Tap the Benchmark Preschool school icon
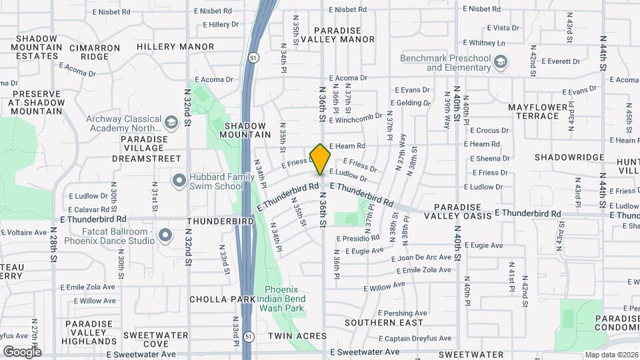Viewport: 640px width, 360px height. coord(500,63)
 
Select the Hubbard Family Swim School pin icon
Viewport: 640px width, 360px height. coord(178,181)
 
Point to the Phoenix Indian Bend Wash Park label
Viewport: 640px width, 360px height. coord(284,299)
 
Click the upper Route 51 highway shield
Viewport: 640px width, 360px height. coord(252,58)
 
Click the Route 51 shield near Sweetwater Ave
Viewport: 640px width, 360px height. coord(247,336)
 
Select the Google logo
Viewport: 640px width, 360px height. coord(22,351)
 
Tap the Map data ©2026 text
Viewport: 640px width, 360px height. coord(611,355)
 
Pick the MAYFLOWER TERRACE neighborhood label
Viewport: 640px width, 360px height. coord(542,111)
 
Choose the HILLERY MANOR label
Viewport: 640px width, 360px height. coord(175,47)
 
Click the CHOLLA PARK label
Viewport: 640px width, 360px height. coord(222,299)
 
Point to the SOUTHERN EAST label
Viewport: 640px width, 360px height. coord(383,323)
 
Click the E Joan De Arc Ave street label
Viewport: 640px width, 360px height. coord(421,258)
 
